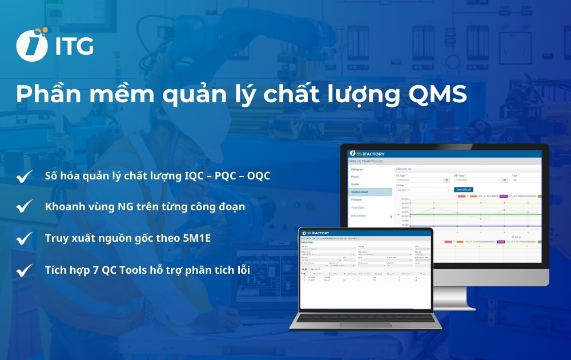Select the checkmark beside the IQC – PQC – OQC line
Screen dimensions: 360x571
tap(24, 177)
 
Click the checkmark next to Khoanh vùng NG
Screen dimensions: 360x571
tap(24, 207)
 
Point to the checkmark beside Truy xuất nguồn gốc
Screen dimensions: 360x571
tap(24, 238)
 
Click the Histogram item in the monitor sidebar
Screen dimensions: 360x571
tap(359, 170)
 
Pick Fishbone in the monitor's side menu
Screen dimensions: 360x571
tap(357, 200)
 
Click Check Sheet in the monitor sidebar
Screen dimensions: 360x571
tap(360, 216)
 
